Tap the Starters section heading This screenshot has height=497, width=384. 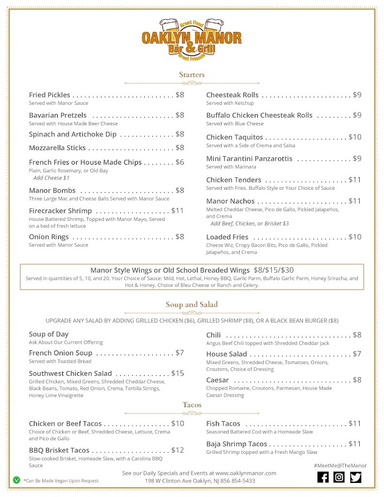coord(192,75)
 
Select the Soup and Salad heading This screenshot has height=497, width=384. coord(192,305)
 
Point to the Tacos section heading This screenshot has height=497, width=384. coord(192,405)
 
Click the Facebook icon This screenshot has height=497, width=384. coord(323,477)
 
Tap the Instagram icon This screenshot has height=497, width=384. coord(339,477)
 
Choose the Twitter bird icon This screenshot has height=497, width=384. coord(356,477)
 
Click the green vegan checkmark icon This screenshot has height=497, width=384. coord(17,480)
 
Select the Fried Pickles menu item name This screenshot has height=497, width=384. coord(50,95)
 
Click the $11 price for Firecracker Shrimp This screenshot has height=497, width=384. coord(178,211)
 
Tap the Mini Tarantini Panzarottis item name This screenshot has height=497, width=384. coord(249,159)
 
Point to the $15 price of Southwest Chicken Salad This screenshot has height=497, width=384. coord(178,373)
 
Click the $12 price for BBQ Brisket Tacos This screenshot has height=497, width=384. coord(178,450)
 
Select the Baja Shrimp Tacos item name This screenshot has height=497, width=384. coord(236,444)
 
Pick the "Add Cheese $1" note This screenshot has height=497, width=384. coord(51,178)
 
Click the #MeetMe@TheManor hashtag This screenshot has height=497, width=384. coord(340,465)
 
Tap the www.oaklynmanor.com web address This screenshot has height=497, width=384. coord(246,473)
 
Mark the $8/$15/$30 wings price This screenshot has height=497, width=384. coord(274,270)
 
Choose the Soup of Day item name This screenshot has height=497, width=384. coord(49,334)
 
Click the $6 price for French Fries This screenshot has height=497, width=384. coord(180,162)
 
